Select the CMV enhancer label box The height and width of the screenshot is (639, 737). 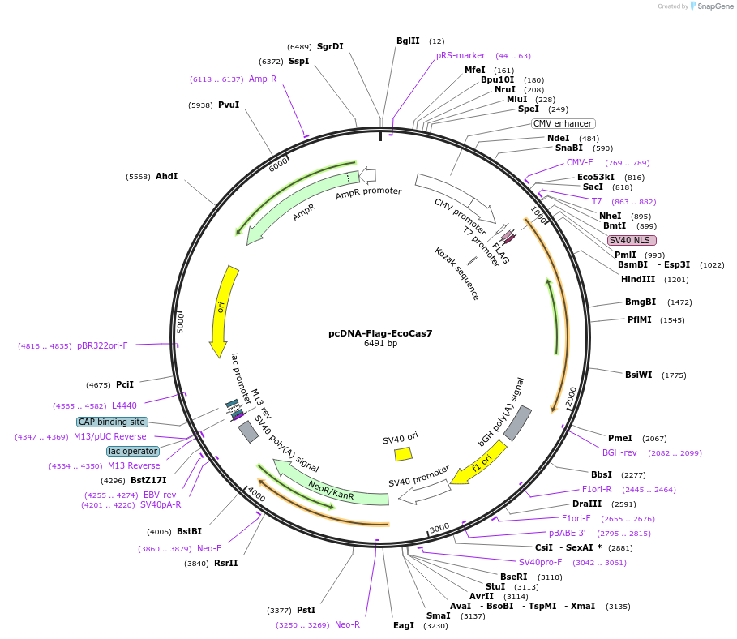pyautogui.click(x=563, y=123)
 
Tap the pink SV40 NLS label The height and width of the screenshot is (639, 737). pyautogui.click(x=632, y=240)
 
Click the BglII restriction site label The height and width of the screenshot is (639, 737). pyautogui.click(x=408, y=41)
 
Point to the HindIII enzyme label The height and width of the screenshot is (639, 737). pyautogui.click(x=638, y=279)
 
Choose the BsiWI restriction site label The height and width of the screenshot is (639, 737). pyautogui.click(x=638, y=375)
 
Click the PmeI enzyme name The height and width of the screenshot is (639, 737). pyautogui.click(x=619, y=438)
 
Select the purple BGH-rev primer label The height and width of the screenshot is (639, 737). pyautogui.click(x=619, y=452)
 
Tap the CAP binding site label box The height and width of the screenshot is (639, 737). pyautogui.click(x=112, y=422)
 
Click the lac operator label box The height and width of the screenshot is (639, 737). pyautogui.click(x=133, y=451)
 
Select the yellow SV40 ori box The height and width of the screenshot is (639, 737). pyautogui.click(x=403, y=453)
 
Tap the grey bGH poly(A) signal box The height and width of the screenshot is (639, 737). pyautogui.click(x=517, y=422)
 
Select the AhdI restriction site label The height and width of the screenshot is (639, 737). pyautogui.click(x=166, y=176)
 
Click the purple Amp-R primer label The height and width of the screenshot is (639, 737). pyautogui.click(x=263, y=79)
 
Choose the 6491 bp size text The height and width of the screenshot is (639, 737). pyautogui.click(x=380, y=344)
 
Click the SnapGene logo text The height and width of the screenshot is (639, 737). pyautogui.click(x=713, y=6)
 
